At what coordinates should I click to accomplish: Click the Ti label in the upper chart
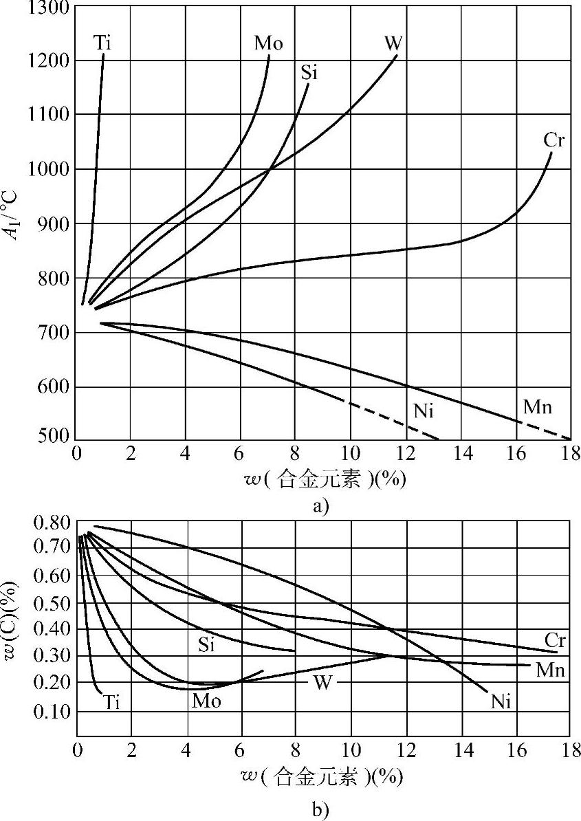coord(102,43)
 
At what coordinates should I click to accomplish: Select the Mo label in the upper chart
coord(268,43)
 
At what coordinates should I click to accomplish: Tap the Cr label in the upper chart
coord(554,140)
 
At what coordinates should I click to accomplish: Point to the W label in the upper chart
coord(393,43)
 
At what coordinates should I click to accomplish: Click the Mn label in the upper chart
coord(538,406)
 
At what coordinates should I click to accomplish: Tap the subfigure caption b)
coord(320,811)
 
